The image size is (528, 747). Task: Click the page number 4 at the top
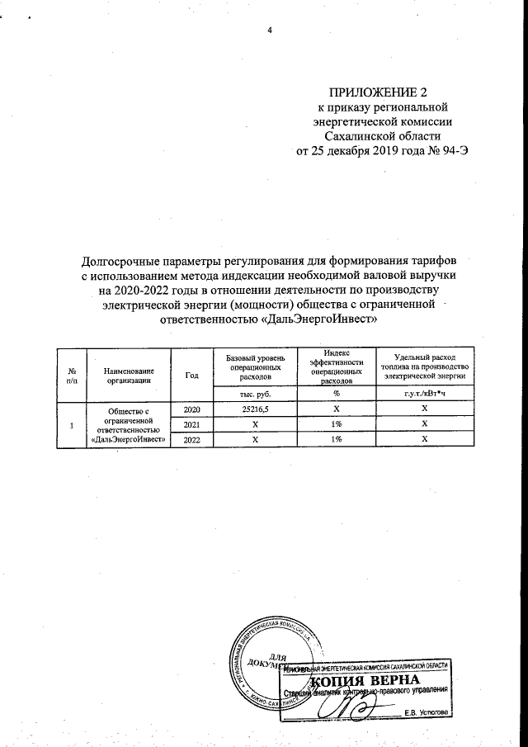tap(270, 31)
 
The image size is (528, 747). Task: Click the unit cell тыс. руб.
tap(255, 393)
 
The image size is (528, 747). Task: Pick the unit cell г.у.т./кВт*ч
tap(424, 393)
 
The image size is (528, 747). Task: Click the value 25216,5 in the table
tap(255, 409)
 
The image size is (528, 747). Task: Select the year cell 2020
tap(192, 409)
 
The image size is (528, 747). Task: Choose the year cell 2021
tap(192, 424)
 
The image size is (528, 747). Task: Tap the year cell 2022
tap(192, 439)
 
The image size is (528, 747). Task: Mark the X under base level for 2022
tap(255, 439)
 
